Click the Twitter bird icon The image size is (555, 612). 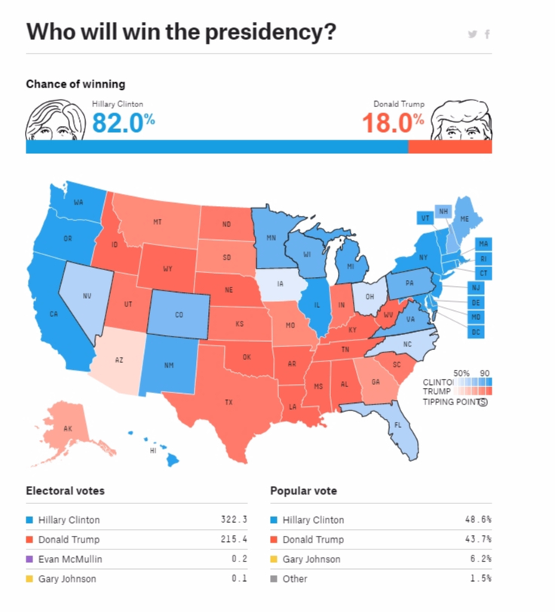coord(472,34)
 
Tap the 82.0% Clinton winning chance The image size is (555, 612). coord(123,122)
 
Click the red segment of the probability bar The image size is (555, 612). coord(449,146)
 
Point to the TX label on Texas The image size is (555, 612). coord(228,402)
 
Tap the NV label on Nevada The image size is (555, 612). coord(87,296)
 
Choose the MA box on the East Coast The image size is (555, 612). coord(483,244)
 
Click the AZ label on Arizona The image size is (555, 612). coord(119,360)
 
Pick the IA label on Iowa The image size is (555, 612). coord(281,284)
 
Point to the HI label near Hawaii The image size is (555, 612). coord(153,450)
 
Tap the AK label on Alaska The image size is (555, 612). coord(68,428)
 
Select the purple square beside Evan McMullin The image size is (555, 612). coord(29,559)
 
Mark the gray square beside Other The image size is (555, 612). coord(274,579)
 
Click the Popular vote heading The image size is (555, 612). coord(303,491)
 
